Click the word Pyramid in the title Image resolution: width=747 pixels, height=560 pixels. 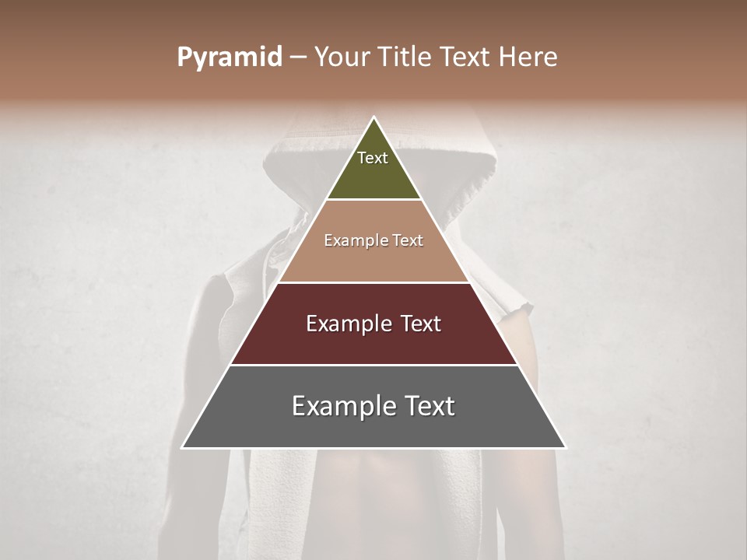(229, 58)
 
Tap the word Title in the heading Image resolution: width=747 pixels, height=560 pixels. (406, 57)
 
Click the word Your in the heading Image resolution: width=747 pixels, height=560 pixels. (343, 57)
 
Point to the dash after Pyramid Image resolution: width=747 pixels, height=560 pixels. (297, 58)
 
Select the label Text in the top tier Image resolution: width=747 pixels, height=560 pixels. (373, 158)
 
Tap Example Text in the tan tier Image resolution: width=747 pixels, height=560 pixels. (373, 241)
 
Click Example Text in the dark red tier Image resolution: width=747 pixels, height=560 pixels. (373, 324)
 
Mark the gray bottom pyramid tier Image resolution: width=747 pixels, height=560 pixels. (374, 428)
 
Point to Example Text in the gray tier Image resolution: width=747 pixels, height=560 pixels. (373, 406)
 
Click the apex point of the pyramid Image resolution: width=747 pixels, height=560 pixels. (374, 118)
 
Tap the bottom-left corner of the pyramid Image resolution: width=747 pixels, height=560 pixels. (183, 447)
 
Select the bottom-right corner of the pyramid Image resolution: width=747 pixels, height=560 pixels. (565, 447)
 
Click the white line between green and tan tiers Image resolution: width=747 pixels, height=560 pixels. (374, 200)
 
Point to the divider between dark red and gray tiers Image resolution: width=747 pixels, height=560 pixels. (374, 365)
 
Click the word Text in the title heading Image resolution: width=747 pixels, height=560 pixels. (467, 57)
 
